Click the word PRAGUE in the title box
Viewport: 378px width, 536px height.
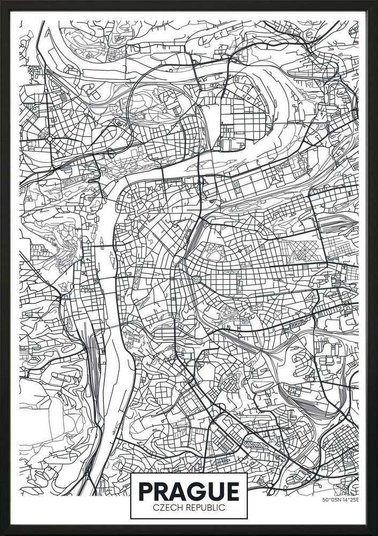coord(188,491)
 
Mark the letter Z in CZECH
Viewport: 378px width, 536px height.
coord(161,508)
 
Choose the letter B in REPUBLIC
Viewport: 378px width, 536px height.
coord(208,508)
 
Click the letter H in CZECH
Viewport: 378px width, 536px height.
coord(180,508)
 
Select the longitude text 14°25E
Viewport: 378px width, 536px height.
coord(351,501)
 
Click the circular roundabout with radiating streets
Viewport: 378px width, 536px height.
coord(49,138)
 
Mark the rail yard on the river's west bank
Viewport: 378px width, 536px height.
coord(92,348)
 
